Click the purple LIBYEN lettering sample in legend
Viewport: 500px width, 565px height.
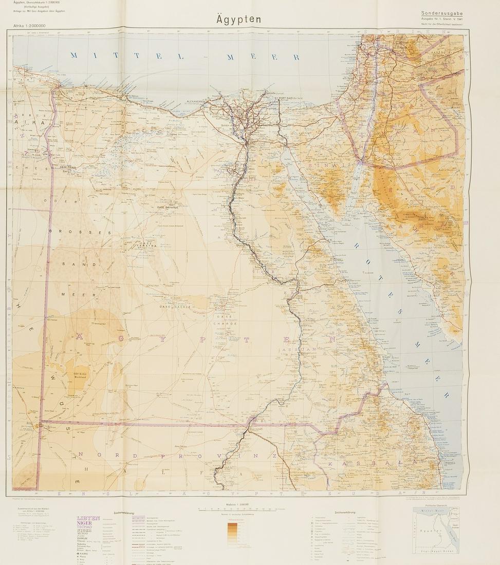[x=88, y=518]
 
